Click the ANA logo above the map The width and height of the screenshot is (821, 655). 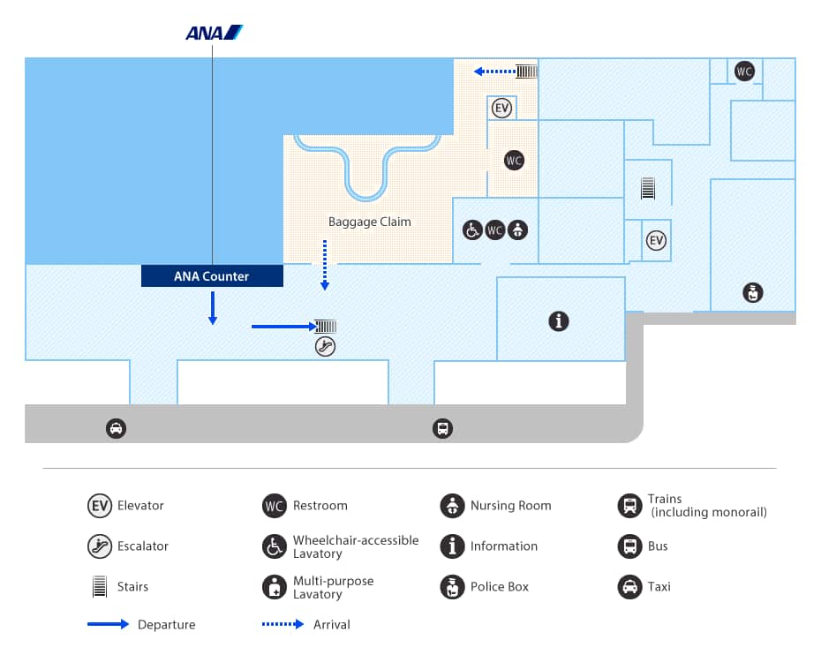click(x=214, y=33)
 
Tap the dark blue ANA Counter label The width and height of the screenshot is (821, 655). click(x=212, y=276)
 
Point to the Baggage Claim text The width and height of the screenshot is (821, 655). click(x=370, y=222)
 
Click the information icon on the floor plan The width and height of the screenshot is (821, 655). click(x=558, y=321)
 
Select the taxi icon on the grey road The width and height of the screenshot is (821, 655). click(x=116, y=429)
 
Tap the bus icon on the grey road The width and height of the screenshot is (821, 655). click(x=442, y=429)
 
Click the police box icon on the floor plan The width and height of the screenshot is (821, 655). click(x=752, y=292)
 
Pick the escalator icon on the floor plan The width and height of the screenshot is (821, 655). click(x=325, y=347)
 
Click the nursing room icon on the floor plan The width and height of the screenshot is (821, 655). click(x=517, y=230)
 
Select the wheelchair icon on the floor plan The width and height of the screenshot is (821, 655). click(x=472, y=230)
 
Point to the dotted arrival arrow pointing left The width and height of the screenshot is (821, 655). click(x=494, y=72)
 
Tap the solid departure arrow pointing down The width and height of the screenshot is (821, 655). click(x=213, y=308)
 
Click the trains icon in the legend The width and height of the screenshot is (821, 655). click(x=629, y=506)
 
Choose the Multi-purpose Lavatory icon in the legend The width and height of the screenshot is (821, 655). click(x=275, y=587)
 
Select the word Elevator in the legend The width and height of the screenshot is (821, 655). click(x=140, y=506)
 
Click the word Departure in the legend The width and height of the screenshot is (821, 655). click(x=166, y=625)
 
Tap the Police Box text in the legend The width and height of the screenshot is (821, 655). click(x=500, y=587)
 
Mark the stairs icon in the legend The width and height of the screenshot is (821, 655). click(x=99, y=587)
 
